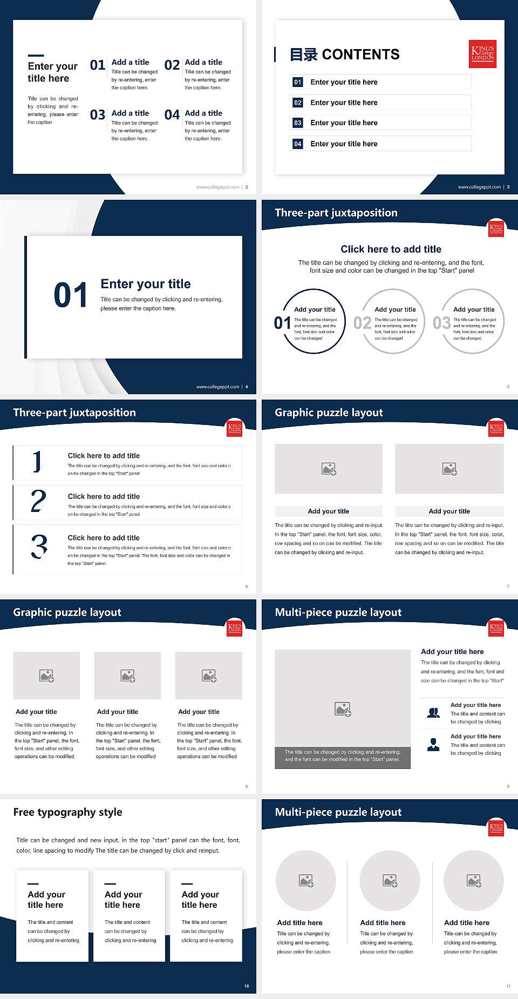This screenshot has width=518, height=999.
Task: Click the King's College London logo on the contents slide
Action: point(483,54)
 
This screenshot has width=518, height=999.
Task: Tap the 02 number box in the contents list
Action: point(298,103)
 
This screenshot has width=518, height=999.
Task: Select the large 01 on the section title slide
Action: point(70,295)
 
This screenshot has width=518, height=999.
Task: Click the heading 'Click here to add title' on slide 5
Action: point(391,249)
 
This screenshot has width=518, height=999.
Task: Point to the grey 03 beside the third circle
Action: point(441,323)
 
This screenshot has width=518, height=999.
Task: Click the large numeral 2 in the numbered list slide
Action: point(38,501)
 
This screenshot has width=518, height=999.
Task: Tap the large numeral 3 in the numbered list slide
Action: point(39,546)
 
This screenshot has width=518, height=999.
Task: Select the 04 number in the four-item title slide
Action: point(172,115)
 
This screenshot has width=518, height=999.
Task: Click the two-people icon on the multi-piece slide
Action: point(433,713)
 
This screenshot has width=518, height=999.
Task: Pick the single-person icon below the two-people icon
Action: point(433,745)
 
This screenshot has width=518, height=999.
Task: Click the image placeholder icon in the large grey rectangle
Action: point(343,709)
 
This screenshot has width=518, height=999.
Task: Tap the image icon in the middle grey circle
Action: point(390,881)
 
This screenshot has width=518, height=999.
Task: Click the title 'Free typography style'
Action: point(67,812)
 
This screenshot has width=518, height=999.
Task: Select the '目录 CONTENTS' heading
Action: point(345,55)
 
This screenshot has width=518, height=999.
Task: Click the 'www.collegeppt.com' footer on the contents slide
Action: point(479,187)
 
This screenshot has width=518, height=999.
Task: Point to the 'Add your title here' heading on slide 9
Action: point(452,652)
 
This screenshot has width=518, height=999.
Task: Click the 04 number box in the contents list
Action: point(298,144)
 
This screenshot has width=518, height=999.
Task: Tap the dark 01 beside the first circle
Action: point(282,323)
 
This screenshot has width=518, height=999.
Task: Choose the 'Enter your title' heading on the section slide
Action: point(146,284)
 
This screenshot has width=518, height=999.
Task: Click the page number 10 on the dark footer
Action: point(247,986)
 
